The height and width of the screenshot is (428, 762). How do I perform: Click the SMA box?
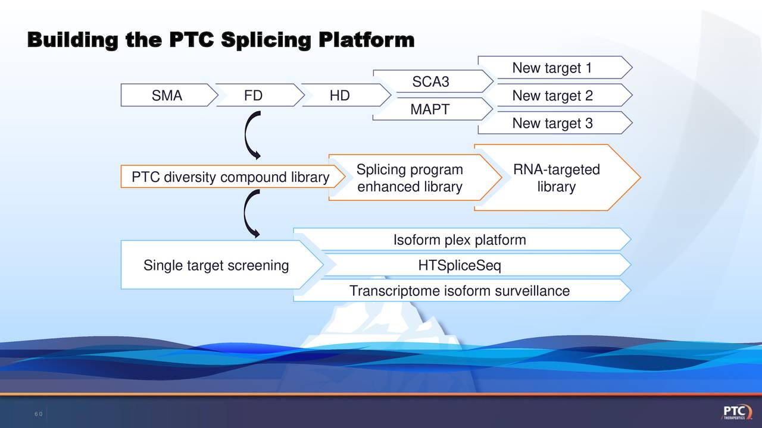(167, 96)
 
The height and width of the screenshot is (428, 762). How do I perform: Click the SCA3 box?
(430, 81)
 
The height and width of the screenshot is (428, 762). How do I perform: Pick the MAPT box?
(430, 109)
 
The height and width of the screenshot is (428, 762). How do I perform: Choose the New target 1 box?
(552, 68)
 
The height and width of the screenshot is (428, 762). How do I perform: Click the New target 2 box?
(552, 96)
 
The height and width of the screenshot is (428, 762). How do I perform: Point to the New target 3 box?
(552, 123)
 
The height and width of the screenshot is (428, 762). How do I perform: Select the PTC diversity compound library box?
(230, 177)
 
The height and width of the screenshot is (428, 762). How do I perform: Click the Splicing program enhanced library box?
(410, 178)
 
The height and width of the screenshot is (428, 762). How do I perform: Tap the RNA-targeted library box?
(556, 178)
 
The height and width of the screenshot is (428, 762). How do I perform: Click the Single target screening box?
(216, 265)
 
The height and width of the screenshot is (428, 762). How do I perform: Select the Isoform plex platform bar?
(460, 240)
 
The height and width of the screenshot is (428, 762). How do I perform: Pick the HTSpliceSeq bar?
(460, 266)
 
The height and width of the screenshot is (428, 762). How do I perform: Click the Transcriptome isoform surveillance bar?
(460, 291)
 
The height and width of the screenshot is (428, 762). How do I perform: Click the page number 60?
(38, 414)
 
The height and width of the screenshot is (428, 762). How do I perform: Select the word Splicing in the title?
(266, 40)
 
